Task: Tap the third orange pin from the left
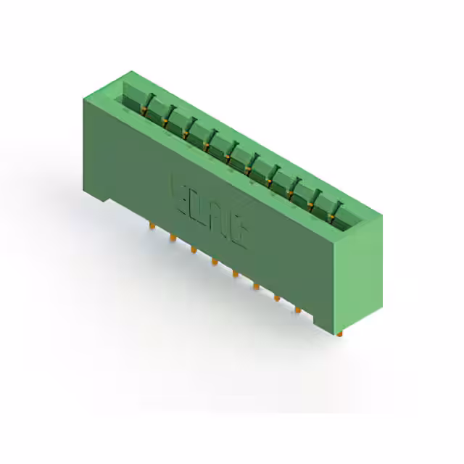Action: [193, 249]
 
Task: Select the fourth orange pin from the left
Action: [214, 261]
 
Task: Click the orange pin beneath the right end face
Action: [339, 332]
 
